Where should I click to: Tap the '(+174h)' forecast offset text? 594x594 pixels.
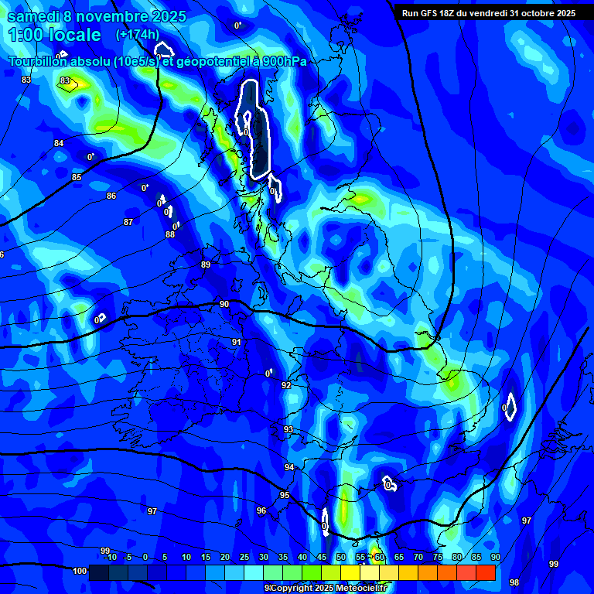point(138,35)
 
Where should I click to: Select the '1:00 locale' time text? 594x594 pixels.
point(54,35)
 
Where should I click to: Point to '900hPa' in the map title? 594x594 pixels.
point(284,62)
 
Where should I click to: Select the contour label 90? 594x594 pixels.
point(224,305)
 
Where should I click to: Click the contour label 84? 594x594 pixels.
point(59,143)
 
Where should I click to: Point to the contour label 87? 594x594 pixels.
point(128,222)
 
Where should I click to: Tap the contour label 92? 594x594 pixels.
point(286,385)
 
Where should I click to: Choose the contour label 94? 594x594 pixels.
point(289,467)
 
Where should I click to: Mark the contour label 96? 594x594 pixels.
point(261,510)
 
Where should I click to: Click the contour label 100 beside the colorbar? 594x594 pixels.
point(80,571)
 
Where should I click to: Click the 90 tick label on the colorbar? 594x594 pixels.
point(495,557)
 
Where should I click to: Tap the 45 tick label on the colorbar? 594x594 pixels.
point(321,557)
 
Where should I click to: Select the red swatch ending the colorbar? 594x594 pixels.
point(486,572)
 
